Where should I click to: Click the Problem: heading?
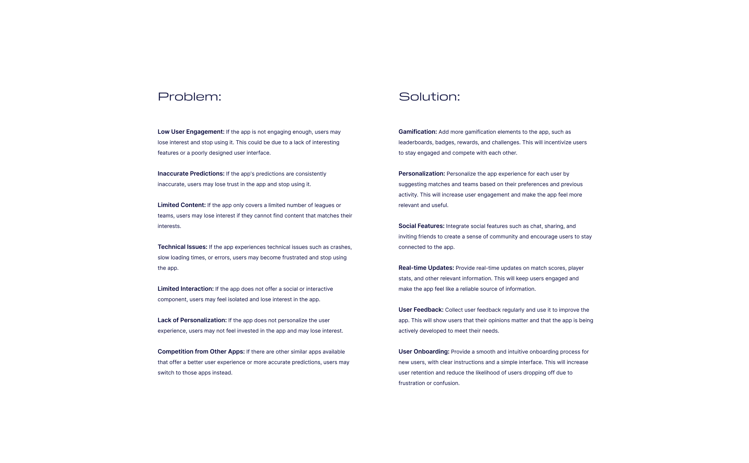point(189,97)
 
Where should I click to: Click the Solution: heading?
point(429,97)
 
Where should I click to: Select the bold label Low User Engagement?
point(191,132)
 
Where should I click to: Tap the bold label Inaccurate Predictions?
point(191,173)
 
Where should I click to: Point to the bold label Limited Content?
point(182,205)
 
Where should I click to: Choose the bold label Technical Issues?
point(182,247)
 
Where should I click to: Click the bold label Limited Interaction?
point(185,289)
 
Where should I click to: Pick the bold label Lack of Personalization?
point(192,320)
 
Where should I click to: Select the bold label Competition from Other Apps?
point(201,352)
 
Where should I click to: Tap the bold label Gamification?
point(417,132)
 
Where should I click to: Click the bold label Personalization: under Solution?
point(422,173)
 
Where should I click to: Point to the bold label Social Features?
point(421,226)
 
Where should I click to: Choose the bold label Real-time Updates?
point(426,268)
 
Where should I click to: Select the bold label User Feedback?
point(421,310)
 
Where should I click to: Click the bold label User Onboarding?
point(424,352)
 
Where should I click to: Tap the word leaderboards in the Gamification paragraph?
point(415,142)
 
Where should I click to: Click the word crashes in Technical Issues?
point(340,247)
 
